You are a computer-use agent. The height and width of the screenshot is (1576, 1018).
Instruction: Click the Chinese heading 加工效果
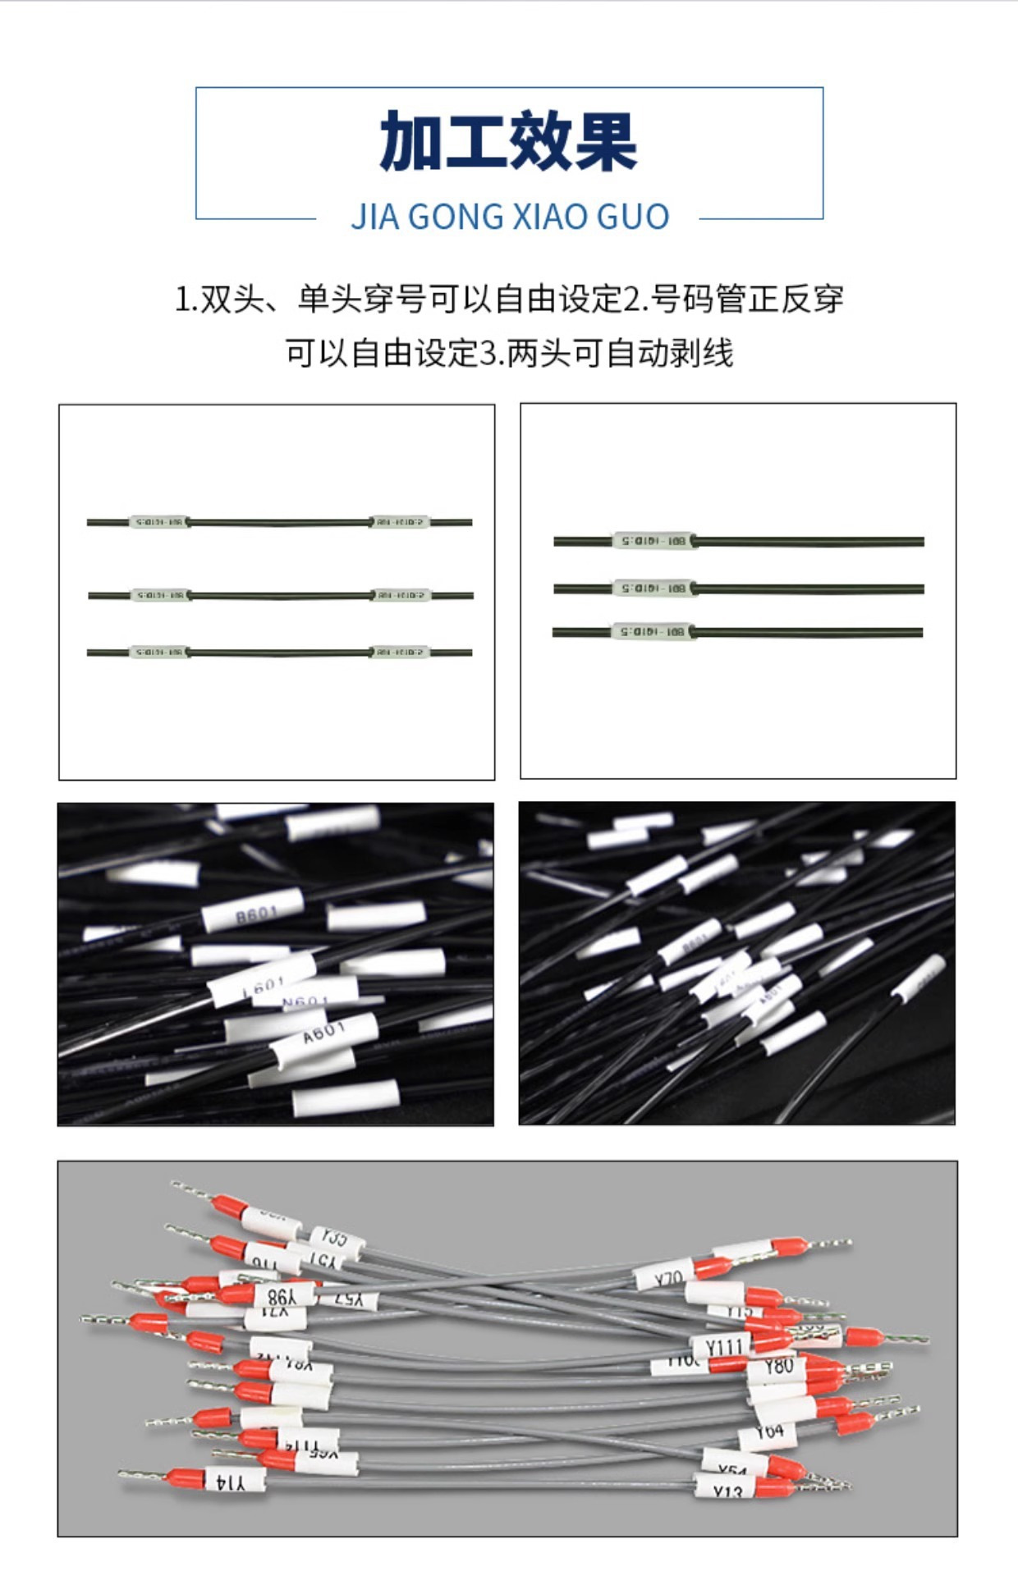click(x=508, y=142)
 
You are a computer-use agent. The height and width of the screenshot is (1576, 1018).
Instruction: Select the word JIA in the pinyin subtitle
click(x=374, y=217)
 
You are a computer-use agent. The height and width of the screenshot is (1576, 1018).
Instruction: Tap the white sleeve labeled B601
click(x=254, y=910)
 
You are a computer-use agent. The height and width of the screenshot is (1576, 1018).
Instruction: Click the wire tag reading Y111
click(x=722, y=1346)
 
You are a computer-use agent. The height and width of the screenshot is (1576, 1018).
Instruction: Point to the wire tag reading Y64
click(x=768, y=1433)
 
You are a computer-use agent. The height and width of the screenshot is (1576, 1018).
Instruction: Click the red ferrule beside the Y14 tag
click(x=185, y=1478)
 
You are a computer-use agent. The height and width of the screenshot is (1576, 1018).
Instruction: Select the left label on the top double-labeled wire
click(x=159, y=522)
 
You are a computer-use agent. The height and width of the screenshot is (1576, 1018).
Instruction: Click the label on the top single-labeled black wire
click(x=653, y=541)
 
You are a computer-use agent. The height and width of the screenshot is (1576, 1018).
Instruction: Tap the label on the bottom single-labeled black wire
click(x=652, y=632)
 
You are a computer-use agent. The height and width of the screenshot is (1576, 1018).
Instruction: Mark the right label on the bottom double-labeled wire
click(x=400, y=653)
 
